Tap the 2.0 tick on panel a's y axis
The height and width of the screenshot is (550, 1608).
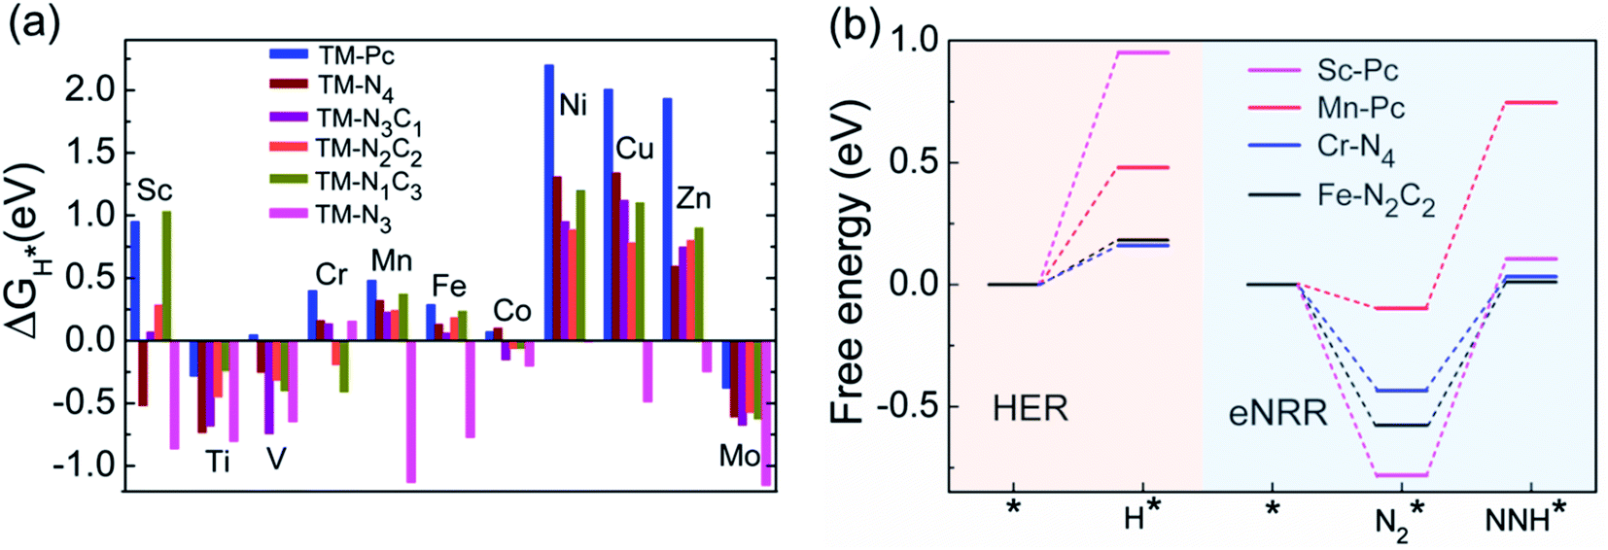(89, 90)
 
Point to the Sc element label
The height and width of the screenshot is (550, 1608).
(155, 190)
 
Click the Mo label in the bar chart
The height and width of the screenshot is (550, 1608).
(740, 455)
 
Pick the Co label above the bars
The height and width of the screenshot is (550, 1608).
(511, 311)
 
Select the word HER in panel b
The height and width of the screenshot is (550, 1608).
(1030, 409)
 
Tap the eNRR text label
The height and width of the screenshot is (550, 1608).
(1277, 413)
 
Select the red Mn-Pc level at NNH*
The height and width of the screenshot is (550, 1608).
(1531, 102)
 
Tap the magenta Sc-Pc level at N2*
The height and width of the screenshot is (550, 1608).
(1400, 475)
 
